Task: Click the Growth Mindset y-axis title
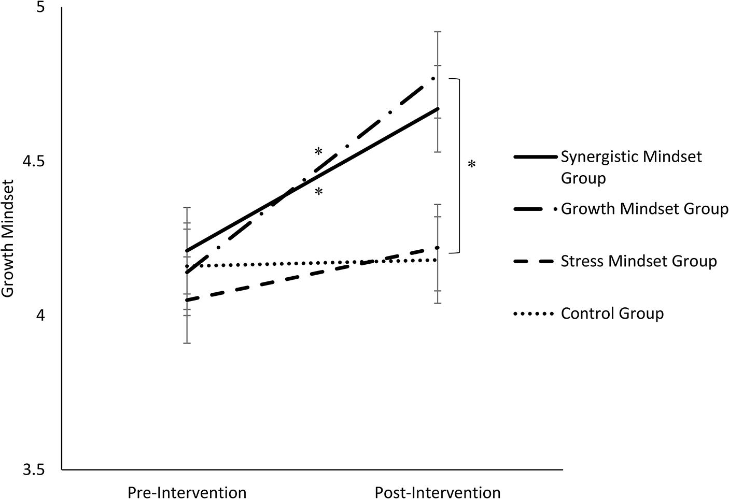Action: coord(9,238)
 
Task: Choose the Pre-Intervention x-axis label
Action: coord(187,492)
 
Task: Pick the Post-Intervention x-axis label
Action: coord(438,492)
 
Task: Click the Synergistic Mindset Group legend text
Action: coord(631,167)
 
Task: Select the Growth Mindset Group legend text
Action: coord(644,209)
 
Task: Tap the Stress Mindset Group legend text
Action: coord(639,261)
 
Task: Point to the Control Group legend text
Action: coord(612,313)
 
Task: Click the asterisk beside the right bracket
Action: coord(471,165)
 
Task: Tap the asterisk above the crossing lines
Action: coord(318,152)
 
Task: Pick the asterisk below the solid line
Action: coord(318,193)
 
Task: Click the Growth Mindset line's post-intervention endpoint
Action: coord(433,79)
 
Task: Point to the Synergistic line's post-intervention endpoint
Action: coord(438,109)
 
